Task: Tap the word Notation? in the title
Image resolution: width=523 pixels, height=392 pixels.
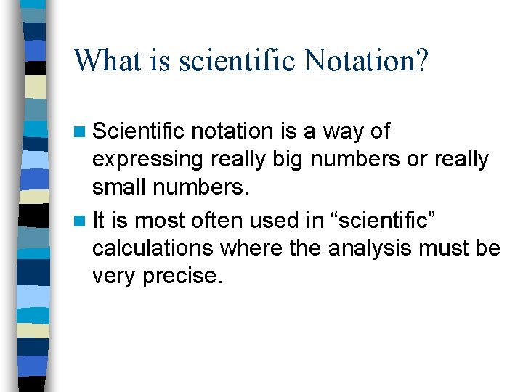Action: click(x=367, y=60)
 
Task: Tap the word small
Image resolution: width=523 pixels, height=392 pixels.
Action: click(x=118, y=188)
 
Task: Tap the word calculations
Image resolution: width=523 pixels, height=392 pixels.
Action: click(x=153, y=248)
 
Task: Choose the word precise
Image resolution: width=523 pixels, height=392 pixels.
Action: click(x=182, y=277)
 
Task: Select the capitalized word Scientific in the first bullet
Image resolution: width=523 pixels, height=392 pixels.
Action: click(x=139, y=131)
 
